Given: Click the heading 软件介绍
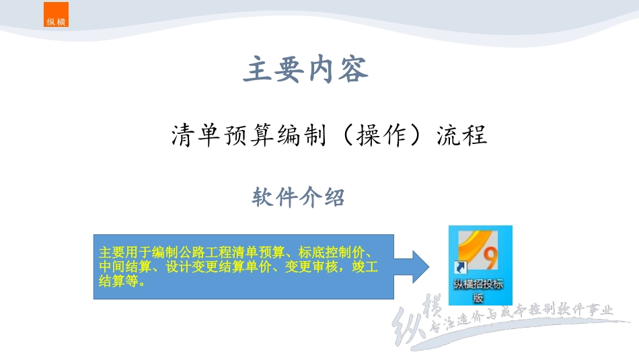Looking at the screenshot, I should (299, 198).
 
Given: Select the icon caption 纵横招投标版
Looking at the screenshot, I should (479, 291).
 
